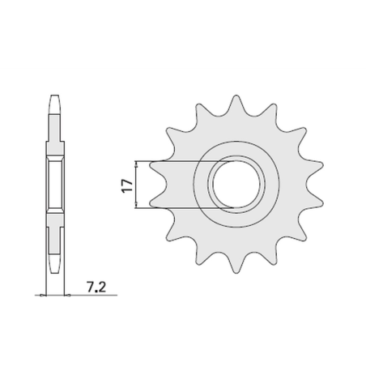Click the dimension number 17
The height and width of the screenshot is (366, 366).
coord(128,185)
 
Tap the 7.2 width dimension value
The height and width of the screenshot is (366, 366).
coord(96,287)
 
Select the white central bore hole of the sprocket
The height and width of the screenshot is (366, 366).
coord(236,184)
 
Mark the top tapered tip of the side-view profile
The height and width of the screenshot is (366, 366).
coord(55,104)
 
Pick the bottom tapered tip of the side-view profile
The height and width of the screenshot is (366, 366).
coord(55,264)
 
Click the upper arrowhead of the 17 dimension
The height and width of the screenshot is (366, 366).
coord(137,164)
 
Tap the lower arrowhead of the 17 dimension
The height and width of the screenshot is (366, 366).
coord(137,204)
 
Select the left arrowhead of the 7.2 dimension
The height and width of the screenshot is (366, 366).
coord(43,296)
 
